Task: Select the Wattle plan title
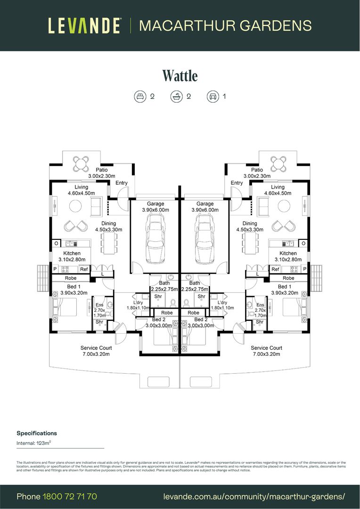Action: (x=180, y=76)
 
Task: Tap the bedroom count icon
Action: (x=140, y=97)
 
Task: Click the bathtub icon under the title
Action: (x=176, y=97)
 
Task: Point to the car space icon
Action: (x=213, y=97)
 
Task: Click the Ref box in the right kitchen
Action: (x=275, y=269)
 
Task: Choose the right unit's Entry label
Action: (x=237, y=183)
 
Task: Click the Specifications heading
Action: (x=37, y=433)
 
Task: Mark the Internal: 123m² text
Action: (x=34, y=443)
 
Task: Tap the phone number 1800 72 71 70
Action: (x=70, y=496)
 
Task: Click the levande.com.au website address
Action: (x=254, y=496)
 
